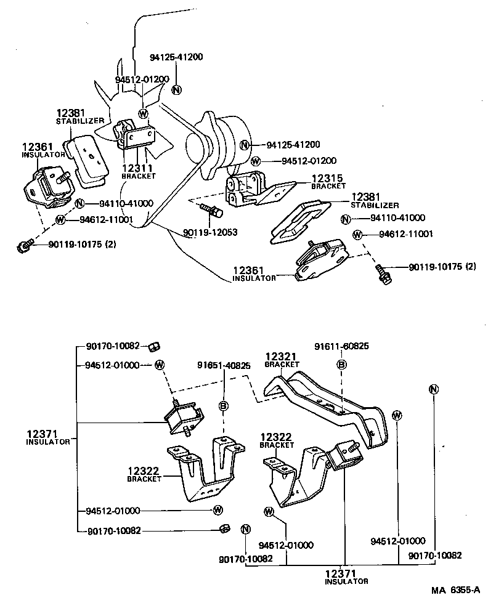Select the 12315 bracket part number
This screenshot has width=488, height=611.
[x=328, y=178]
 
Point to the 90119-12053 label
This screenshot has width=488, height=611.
[x=210, y=233]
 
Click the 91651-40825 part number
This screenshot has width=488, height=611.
[x=224, y=365]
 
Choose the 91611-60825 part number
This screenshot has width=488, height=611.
[x=343, y=347]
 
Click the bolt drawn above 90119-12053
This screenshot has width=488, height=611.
[x=211, y=211]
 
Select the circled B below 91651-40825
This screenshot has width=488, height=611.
[x=224, y=405]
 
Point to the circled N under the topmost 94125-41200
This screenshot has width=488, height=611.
[x=177, y=89]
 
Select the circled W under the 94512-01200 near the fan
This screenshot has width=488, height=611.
[x=143, y=113]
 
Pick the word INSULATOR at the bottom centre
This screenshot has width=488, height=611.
[x=346, y=581]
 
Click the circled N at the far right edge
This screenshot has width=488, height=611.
[x=433, y=389]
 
